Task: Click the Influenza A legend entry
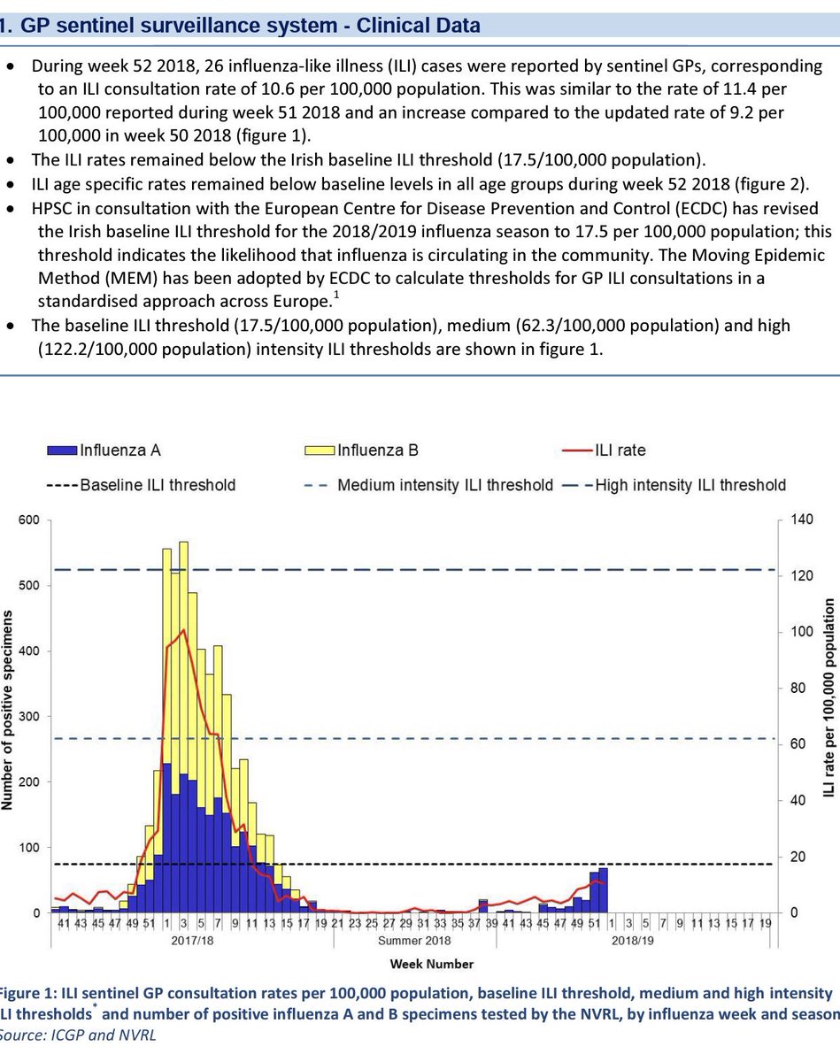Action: point(119,450)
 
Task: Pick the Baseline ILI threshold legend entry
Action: point(158,484)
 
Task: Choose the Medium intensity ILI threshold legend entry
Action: point(445,484)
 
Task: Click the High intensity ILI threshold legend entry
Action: point(690,484)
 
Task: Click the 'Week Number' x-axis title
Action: point(433,964)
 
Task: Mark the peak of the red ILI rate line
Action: point(182,630)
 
